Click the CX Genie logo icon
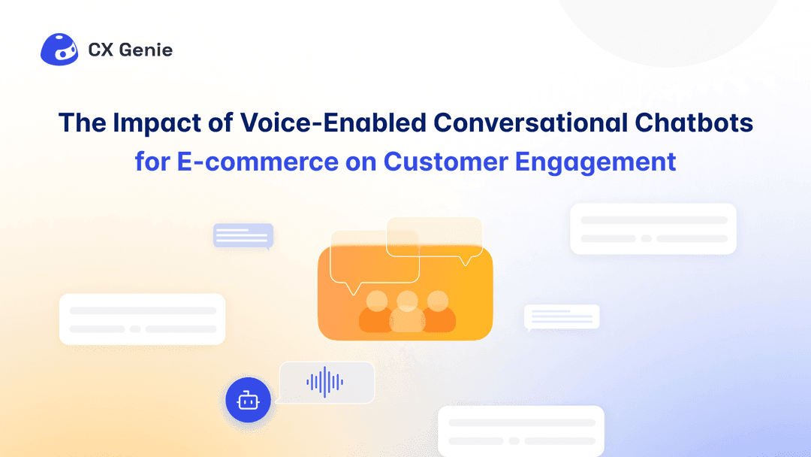tap(59, 50)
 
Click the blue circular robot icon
tap(248, 401)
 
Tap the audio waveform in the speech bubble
tap(325, 382)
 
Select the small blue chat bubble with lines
tap(243, 236)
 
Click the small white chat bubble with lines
tap(562, 317)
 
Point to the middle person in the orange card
tap(407, 312)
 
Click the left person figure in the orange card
tap(376, 312)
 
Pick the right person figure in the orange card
tap(438, 312)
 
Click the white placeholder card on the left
tap(142, 319)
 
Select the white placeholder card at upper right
tap(653, 228)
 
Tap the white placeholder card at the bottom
tap(521, 431)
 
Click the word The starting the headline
tap(83, 123)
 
